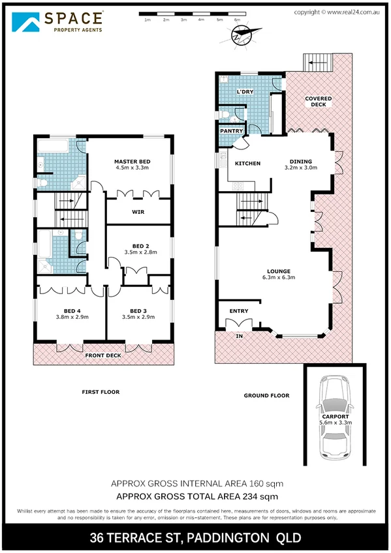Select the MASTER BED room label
tap(133, 161)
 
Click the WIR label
tap(138, 212)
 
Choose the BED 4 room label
tap(72, 310)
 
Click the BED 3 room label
tap(138, 310)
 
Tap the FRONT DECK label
tap(102, 355)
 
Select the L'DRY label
tap(245, 92)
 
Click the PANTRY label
tap(231, 131)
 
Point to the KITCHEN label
tap(247, 163)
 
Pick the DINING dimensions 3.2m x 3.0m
tap(301, 168)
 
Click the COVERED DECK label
tap(319, 101)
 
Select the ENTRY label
tap(238, 310)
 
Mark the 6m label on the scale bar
tap(236, 20)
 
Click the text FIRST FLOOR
tap(101, 392)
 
